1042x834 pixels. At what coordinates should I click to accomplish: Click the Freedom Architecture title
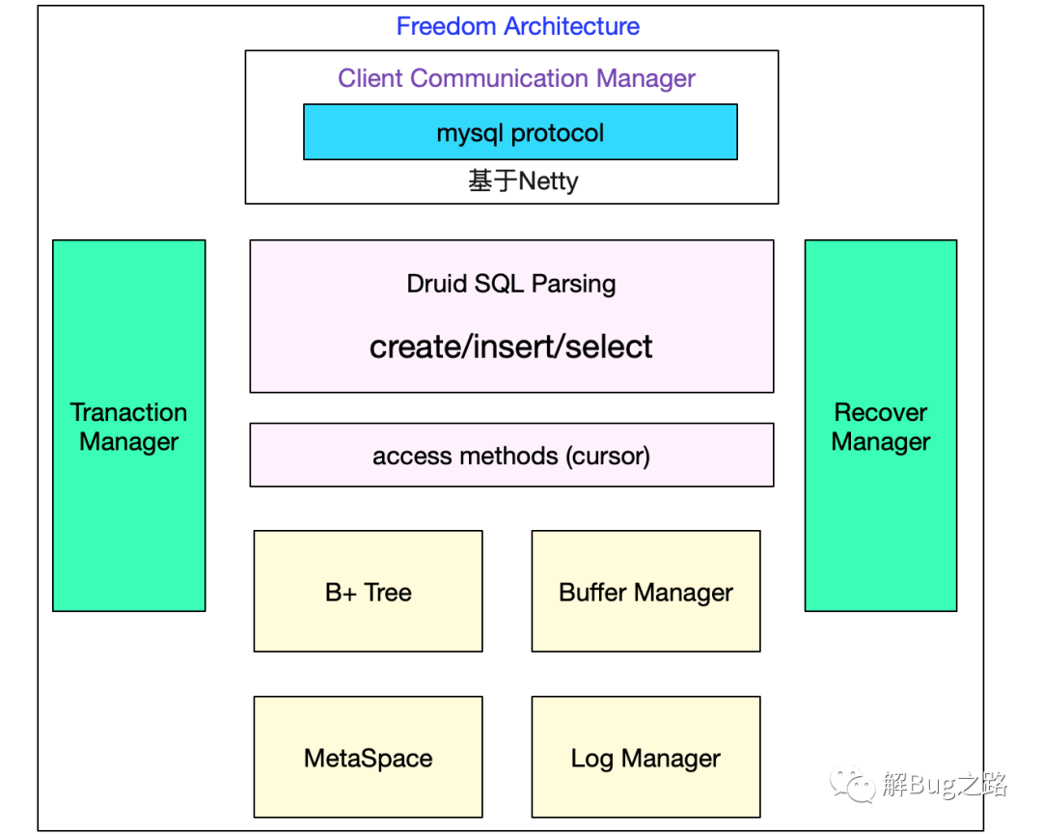pyautogui.click(x=518, y=27)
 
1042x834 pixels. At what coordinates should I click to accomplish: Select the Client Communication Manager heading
pyautogui.click(x=516, y=78)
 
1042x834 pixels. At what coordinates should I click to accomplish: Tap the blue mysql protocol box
pyautogui.click(x=520, y=131)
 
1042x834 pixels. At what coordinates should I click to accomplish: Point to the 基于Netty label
pyautogui.click(x=523, y=181)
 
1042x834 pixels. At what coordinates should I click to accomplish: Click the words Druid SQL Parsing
pyautogui.click(x=511, y=284)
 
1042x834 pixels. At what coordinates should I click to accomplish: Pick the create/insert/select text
pyautogui.click(x=511, y=347)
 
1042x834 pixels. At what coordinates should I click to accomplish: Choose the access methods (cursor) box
pyautogui.click(x=511, y=455)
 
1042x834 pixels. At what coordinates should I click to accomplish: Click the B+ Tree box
pyautogui.click(x=369, y=592)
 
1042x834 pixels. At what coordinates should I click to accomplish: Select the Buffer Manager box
pyautogui.click(x=645, y=592)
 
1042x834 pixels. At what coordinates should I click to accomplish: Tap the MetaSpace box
pyautogui.click(x=369, y=757)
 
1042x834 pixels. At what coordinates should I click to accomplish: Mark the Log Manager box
pyautogui.click(x=645, y=757)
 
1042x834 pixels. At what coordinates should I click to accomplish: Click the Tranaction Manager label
pyautogui.click(x=129, y=427)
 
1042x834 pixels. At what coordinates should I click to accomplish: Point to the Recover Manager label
pyautogui.click(x=881, y=427)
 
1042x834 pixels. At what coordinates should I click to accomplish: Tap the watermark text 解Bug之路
pyautogui.click(x=945, y=785)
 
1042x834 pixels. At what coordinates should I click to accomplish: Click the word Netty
pyautogui.click(x=548, y=181)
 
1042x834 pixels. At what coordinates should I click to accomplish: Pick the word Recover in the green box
pyautogui.click(x=881, y=412)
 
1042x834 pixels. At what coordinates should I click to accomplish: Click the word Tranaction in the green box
pyautogui.click(x=129, y=412)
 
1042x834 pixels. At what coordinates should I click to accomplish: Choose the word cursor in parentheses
pyautogui.click(x=608, y=457)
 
